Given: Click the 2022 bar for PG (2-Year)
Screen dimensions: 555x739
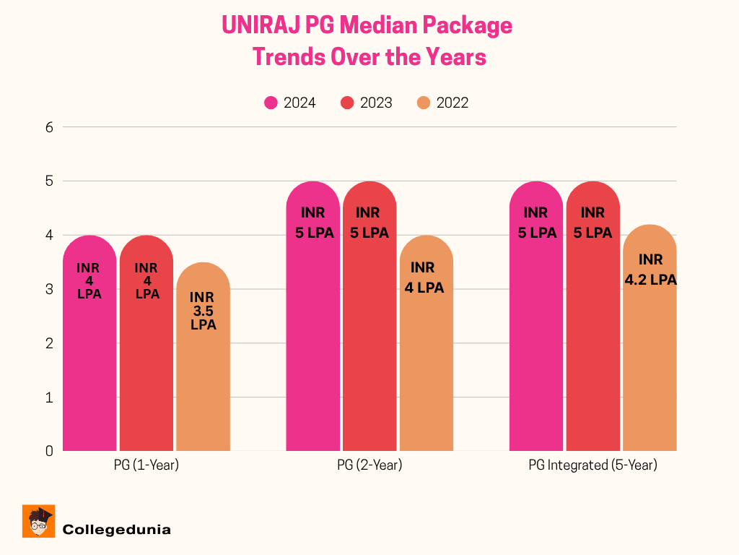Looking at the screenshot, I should (426, 361).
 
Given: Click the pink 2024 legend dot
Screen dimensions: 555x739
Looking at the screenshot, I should (271, 103).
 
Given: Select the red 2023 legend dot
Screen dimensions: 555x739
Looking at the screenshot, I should (348, 103).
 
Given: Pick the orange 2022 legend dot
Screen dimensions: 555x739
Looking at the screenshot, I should (424, 103).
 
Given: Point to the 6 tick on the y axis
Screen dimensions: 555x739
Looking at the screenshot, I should (50, 127).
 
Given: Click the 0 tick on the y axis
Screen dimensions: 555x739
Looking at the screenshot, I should (50, 451).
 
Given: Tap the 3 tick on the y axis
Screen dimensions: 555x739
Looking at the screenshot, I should (50, 289).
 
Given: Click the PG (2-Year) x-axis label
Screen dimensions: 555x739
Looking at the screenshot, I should (369, 465).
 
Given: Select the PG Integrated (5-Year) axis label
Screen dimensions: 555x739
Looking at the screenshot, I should (592, 465).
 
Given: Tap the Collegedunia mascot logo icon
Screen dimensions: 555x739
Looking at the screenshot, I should (39, 521).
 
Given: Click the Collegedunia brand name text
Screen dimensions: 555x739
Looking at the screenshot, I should (117, 530).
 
